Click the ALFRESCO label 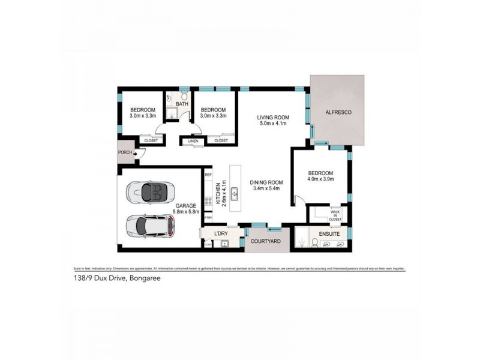coord(338,113)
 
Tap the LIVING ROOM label coord(273,117)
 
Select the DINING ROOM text coord(266,183)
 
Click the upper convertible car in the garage coord(150,192)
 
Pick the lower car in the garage coord(151,226)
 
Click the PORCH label coord(125,152)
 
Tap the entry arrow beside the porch coord(135,154)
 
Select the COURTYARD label coord(265,242)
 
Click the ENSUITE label coord(329,234)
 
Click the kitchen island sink coord(235,193)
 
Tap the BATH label coord(182,104)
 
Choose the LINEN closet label coord(193,141)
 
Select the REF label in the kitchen coord(209,175)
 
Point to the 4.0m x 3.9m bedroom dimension coord(320,179)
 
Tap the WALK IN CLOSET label coord(335,215)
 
